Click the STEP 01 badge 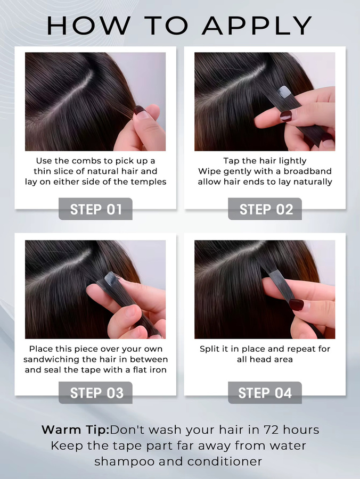pyautogui.click(x=95, y=209)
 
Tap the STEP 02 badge pyautogui.click(x=265, y=209)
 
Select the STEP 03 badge pyautogui.click(x=95, y=393)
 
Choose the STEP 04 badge pyautogui.click(x=265, y=393)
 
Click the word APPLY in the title pyautogui.click(x=257, y=26)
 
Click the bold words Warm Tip pyautogui.click(x=75, y=430)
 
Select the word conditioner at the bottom pyautogui.click(x=225, y=461)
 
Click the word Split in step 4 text pyautogui.click(x=208, y=349)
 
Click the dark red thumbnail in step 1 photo pyautogui.click(x=140, y=110)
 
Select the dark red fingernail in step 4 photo pyautogui.click(x=297, y=305)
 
